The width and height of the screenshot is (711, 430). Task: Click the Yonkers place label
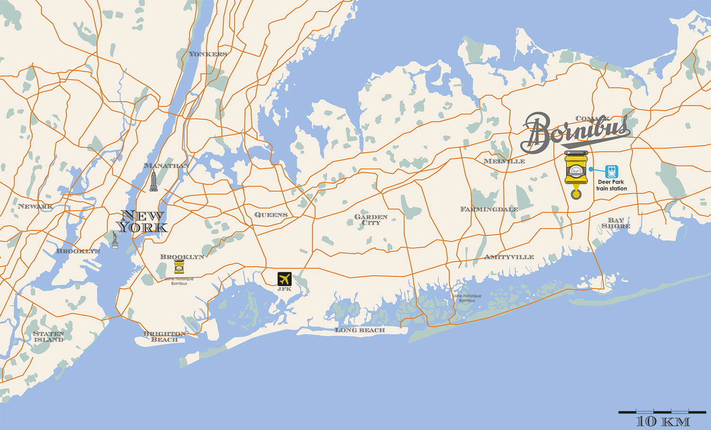pyautogui.click(x=208, y=54)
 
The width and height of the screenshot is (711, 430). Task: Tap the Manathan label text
pyautogui.click(x=166, y=166)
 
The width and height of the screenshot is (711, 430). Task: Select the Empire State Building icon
pyautogui.click(x=154, y=181)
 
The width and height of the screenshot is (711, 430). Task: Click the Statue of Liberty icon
pyautogui.click(x=115, y=240)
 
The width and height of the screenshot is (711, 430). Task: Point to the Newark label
pyautogui.click(x=35, y=206)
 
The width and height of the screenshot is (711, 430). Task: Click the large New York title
pyautogui.click(x=142, y=222)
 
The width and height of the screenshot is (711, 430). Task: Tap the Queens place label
pyautogui.click(x=271, y=215)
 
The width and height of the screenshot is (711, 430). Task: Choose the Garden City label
pyautogui.click(x=371, y=219)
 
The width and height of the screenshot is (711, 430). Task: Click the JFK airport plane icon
pyautogui.click(x=284, y=279)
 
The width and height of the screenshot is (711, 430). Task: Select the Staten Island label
pyautogui.click(x=48, y=337)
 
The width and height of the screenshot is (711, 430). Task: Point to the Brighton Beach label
pyautogui.click(x=164, y=337)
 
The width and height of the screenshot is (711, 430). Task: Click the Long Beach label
pyautogui.click(x=360, y=330)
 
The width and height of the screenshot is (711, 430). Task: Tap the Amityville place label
pyautogui.click(x=509, y=257)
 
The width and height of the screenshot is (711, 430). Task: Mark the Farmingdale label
pyautogui.click(x=489, y=209)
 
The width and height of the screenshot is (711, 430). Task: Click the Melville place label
pyautogui.click(x=504, y=161)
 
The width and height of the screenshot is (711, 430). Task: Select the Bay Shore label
pyautogui.click(x=616, y=223)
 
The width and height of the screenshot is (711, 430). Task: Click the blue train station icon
pyautogui.click(x=611, y=171)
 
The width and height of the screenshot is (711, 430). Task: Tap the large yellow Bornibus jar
pyautogui.click(x=576, y=168)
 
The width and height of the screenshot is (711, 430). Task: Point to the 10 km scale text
pyautogui.click(x=662, y=421)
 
